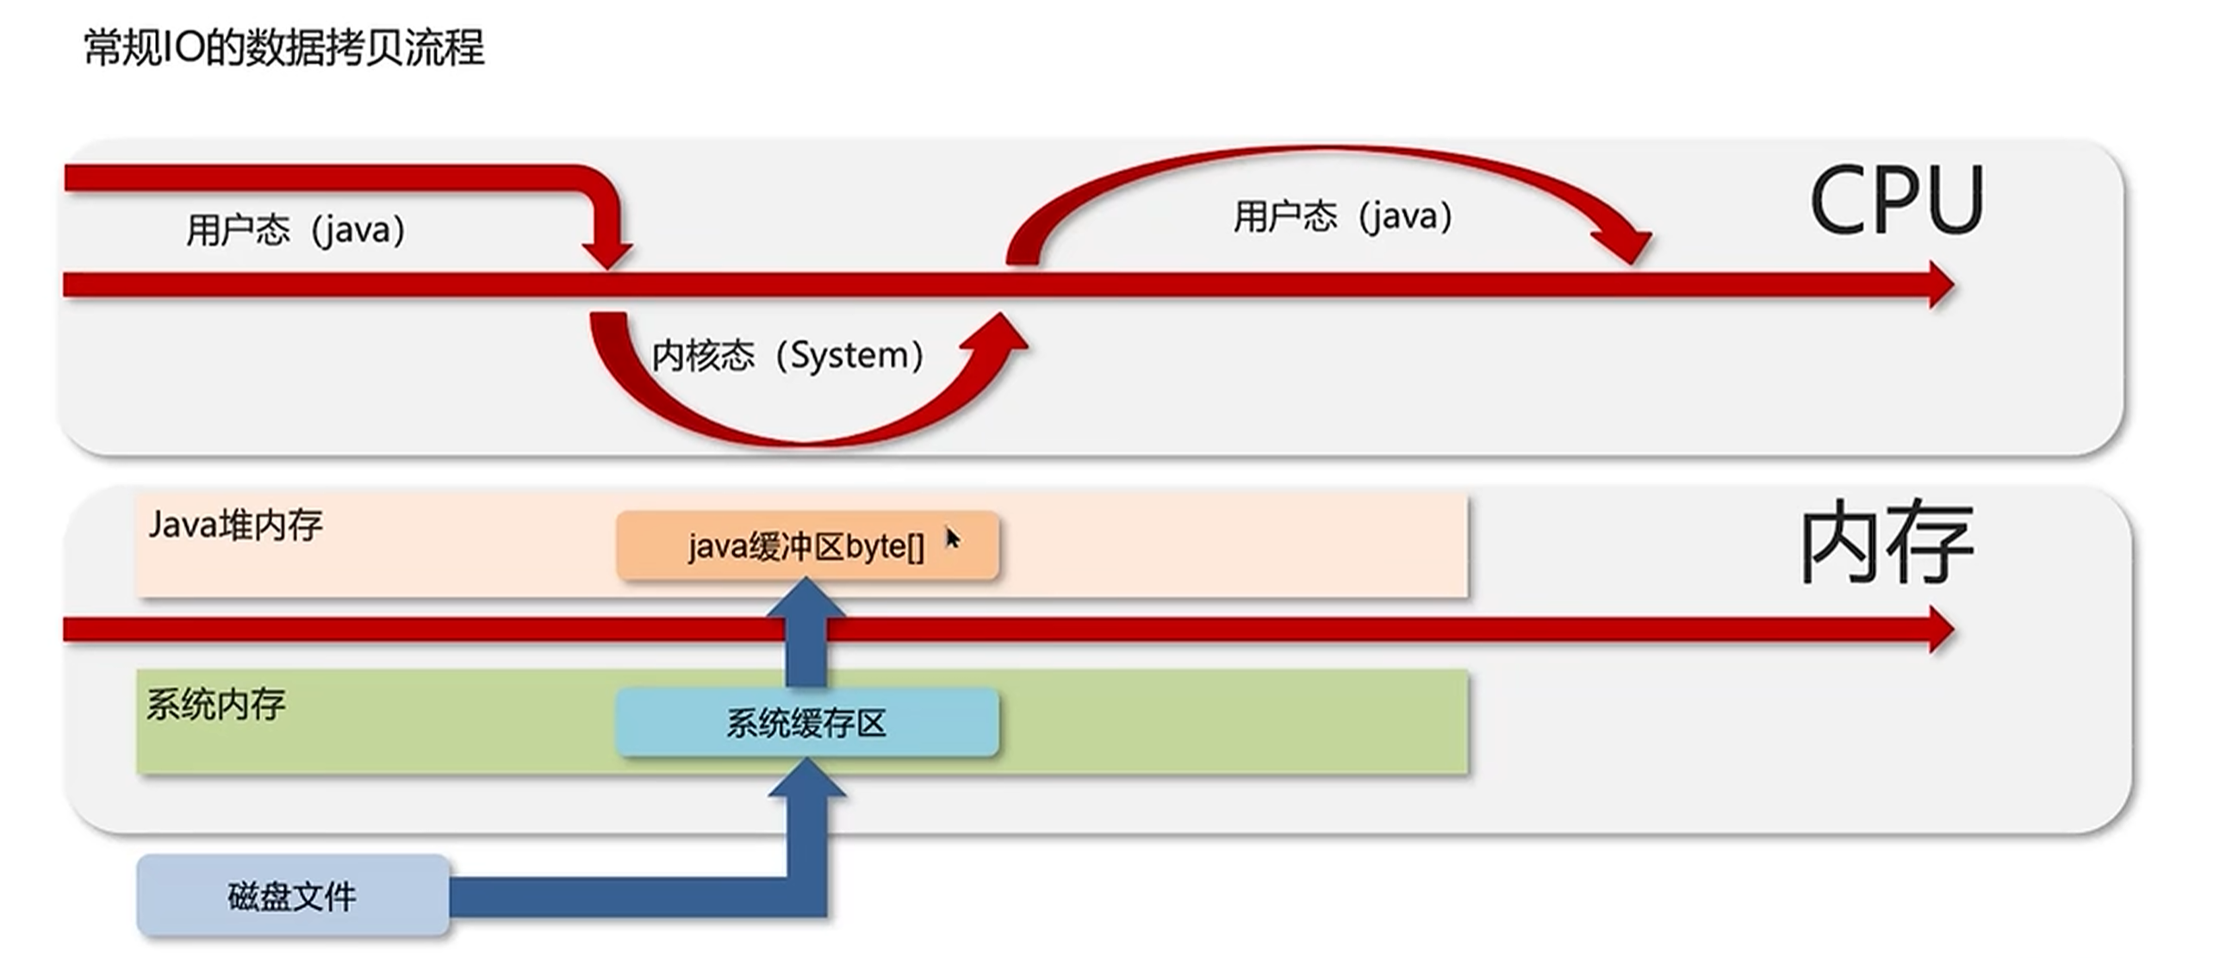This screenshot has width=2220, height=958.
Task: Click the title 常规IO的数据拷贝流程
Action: [283, 47]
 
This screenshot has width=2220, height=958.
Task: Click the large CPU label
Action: [1896, 201]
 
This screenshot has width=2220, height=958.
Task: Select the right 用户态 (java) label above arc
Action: [1342, 216]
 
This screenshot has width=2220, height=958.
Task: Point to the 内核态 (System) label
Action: [787, 355]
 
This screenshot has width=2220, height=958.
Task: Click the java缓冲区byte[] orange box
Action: [807, 546]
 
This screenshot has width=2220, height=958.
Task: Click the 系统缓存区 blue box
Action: [807, 723]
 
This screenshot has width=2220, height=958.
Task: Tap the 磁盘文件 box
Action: [292, 897]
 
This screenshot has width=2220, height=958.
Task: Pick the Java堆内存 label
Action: [235, 525]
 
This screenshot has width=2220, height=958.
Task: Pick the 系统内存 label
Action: [215, 705]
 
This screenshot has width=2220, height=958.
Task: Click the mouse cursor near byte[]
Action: [951, 538]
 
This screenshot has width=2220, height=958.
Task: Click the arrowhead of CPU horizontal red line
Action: [1939, 285]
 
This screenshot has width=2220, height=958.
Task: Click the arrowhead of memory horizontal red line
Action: [1939, 630]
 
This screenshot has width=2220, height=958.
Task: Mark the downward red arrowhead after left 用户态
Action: [607, 254]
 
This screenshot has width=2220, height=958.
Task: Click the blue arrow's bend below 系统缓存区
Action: [806, 896]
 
